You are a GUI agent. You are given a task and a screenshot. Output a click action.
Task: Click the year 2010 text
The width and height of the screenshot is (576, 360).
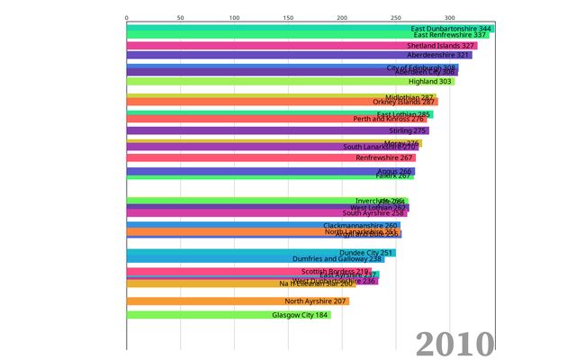point(454,343)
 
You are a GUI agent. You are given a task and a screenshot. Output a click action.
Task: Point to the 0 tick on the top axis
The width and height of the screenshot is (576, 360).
point(127,17)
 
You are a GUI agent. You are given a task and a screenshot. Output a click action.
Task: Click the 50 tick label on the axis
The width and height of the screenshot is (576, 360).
point(181,17)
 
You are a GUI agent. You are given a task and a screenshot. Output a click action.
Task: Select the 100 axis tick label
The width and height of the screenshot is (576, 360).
point(235,17)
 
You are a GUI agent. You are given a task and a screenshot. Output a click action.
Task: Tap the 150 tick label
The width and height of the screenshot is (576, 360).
point(289,17)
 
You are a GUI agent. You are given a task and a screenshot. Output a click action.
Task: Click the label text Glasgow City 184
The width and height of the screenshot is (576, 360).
point(301,315)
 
